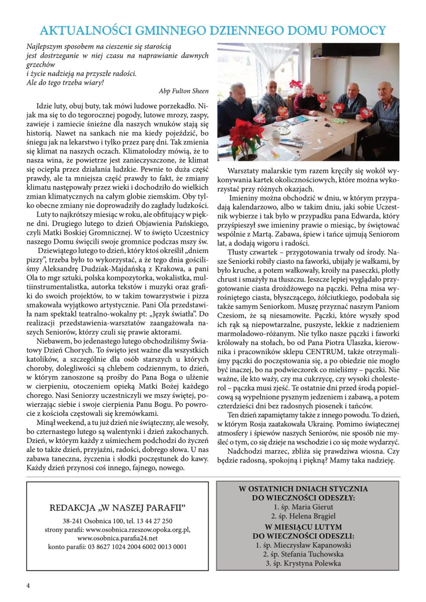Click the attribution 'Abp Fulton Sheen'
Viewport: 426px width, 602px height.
(x=184, y=91)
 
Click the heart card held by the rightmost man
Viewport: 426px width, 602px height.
(x=366, y=112)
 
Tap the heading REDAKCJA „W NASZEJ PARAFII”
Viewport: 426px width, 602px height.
(x=117, y=508)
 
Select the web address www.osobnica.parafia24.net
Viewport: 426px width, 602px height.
(x=117, y=538)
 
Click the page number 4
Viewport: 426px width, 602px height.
(x=28, y=585)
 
